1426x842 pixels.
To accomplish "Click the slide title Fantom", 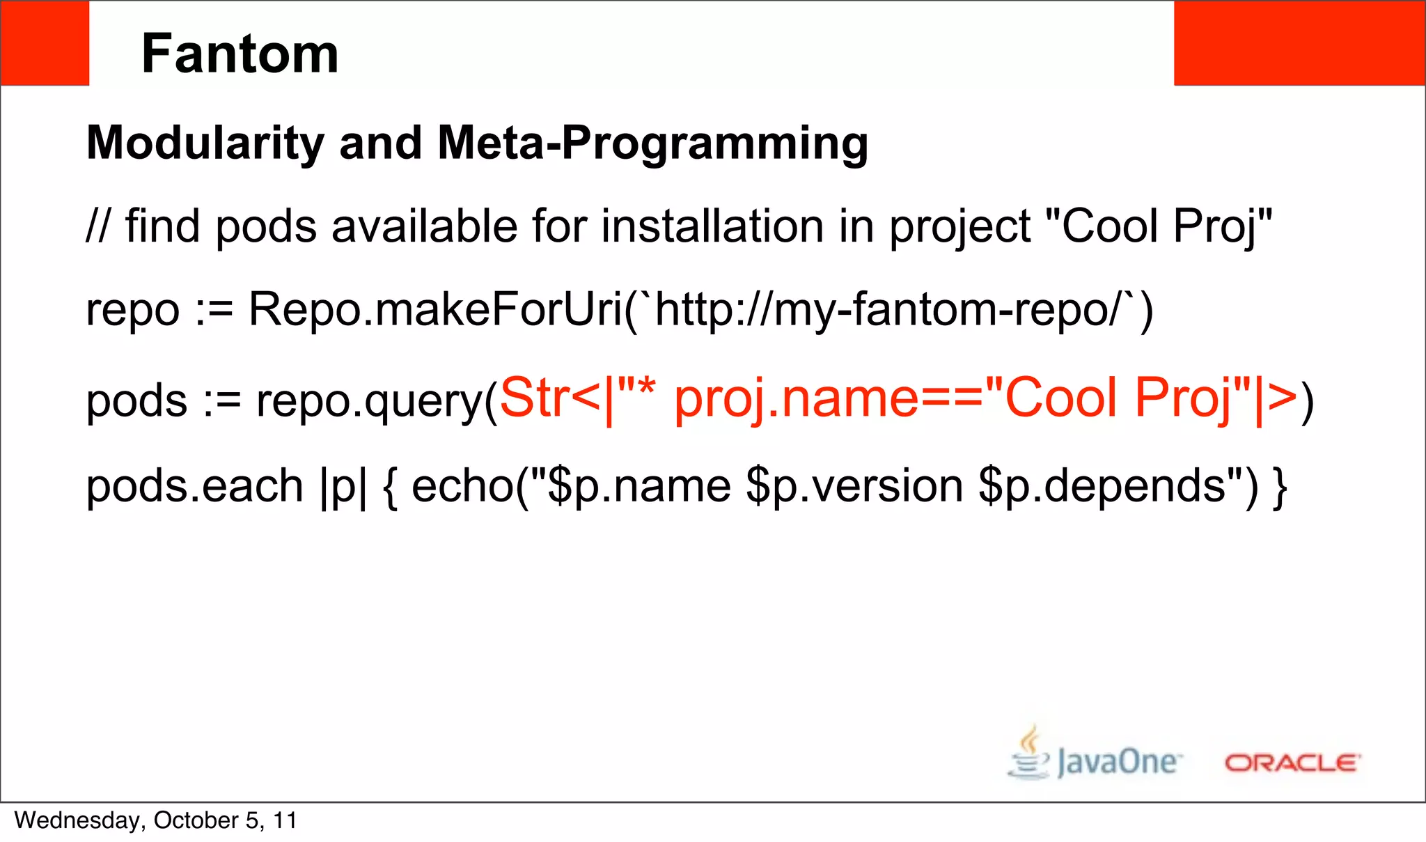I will point(240,54).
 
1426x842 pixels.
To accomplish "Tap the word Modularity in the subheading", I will point(205,143).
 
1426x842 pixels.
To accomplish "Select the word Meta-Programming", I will point(652,143).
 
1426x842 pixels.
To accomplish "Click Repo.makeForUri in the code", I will point(435,309).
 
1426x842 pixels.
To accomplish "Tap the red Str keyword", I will point(533,398).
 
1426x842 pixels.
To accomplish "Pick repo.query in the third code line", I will point(369,401).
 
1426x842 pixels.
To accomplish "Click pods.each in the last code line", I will point(194,485).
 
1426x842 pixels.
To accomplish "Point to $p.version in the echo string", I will point(854,485).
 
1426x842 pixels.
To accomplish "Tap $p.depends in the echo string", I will point(1102,485).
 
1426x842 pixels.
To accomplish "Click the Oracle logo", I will point(1292,763).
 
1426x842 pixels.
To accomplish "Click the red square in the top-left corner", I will point(45,43).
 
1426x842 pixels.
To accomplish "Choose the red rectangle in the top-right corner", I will point(1299,43).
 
